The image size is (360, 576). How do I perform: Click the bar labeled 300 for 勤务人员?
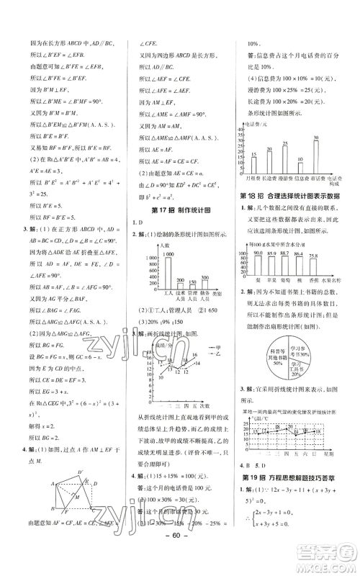(204, 297)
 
